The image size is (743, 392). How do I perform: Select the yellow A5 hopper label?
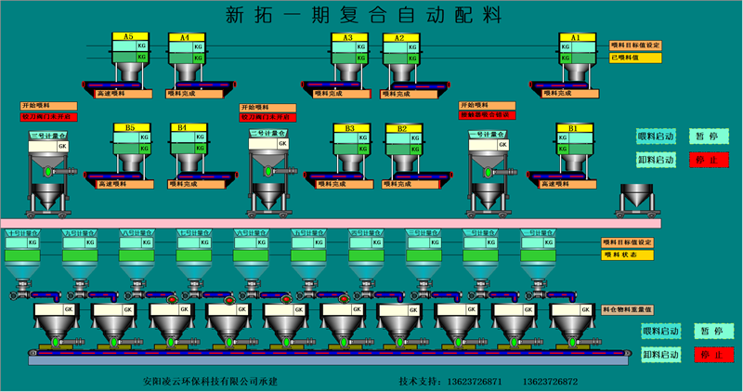(x=128, y=37)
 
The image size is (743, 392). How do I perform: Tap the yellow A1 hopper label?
(x=575, y=37)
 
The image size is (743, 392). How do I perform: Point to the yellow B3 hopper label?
(x=349, y=127)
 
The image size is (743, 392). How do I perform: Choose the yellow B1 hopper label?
(x=573, y=127)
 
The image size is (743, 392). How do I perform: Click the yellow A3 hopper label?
(x=348, y=37)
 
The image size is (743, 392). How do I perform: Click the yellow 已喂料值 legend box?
(x=635, y=58)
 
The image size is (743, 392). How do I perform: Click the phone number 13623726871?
(x=475, y=381)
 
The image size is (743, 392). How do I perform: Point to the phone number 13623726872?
(x=550, y=381)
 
